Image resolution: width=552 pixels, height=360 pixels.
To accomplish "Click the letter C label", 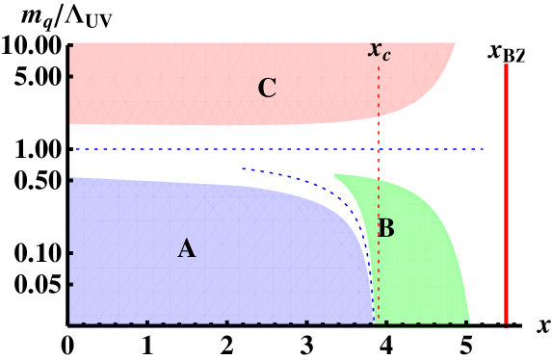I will point(267,90).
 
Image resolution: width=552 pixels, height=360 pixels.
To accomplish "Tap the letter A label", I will point(187,249).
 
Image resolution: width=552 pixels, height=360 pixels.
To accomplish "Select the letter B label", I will point(386,229).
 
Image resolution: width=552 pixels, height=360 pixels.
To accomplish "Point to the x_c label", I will point(380,51).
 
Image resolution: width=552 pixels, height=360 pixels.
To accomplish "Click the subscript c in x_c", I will point(386,55).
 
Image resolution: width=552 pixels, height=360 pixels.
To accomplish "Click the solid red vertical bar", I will point(506,193).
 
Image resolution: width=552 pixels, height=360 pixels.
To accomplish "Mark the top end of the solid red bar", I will point(506,64).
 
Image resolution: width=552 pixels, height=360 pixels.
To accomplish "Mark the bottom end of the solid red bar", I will point(506,323).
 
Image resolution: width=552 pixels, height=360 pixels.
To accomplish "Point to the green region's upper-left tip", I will point(334,175).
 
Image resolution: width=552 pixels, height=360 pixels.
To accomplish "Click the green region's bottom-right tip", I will point(468,321).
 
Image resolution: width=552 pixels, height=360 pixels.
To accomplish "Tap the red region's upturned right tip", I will point(454,44).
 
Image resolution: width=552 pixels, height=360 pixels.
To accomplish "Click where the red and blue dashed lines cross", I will point(379,149).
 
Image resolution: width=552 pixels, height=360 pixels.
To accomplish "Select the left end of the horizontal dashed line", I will point(77,149).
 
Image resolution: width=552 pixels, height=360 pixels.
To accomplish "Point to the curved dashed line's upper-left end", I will point(243,168).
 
